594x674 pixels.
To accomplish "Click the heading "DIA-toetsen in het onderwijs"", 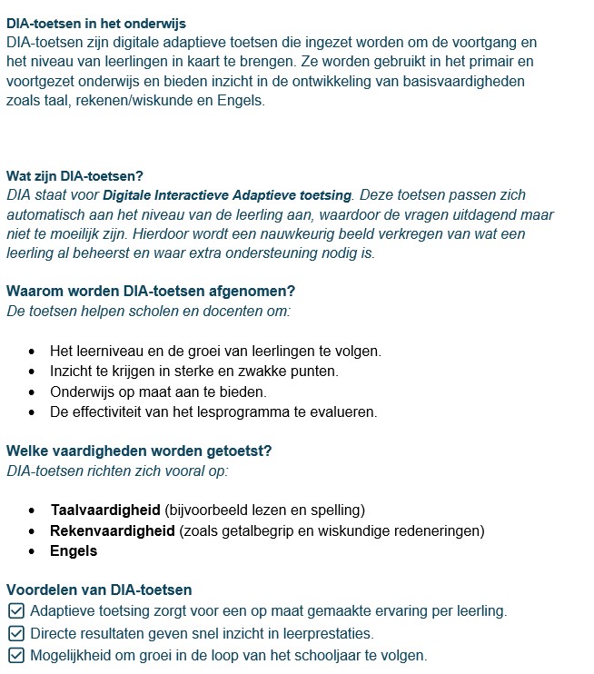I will pyautogui.click(x=96, y=23).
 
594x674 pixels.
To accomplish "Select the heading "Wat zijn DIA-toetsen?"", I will pyautogui.click(x=74, y=175).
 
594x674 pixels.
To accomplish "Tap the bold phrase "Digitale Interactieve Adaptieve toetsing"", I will pyautogui.click(x=227, y=195).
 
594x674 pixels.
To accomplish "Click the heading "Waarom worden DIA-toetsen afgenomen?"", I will pyautogui.click(x=151, y=292).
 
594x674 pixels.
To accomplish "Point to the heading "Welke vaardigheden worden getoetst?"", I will pyautogui.click(x=139, y=451).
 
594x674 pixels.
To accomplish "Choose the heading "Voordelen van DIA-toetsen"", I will pyautogui.click(x=99, y=590).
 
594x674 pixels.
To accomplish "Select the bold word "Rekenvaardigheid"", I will pyautogui.click(x=113, y=530).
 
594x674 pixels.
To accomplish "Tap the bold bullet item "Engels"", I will pyautogui.click(x=74, y=551).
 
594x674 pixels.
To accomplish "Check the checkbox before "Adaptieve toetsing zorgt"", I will pyautogui.click(x=15, y=611).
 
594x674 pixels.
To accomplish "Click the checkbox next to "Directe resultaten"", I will pyautogui.click(x=15, y=633).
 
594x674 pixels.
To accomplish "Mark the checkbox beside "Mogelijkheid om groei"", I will pyautogui.click(x=15, y=655).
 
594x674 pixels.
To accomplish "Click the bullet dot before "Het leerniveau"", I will pyautogui.click(x=33, y=351).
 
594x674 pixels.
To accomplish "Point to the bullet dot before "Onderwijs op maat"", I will pyautogui.click(x=33, y=392).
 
